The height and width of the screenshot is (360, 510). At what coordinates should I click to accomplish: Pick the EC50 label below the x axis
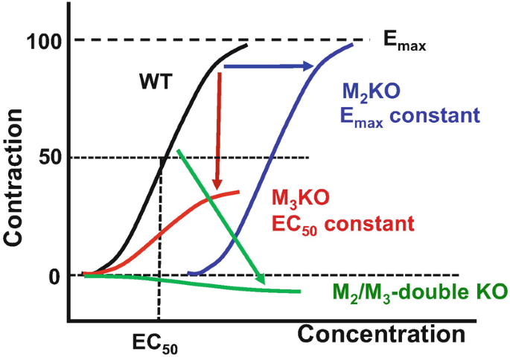click(x=156, y=344)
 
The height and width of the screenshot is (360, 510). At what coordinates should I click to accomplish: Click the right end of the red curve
click(x=239, y=192)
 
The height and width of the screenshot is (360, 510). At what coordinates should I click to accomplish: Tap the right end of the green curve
click(x=299, y=291)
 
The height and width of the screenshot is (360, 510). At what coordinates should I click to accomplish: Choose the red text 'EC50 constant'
click(x=331, y=222)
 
